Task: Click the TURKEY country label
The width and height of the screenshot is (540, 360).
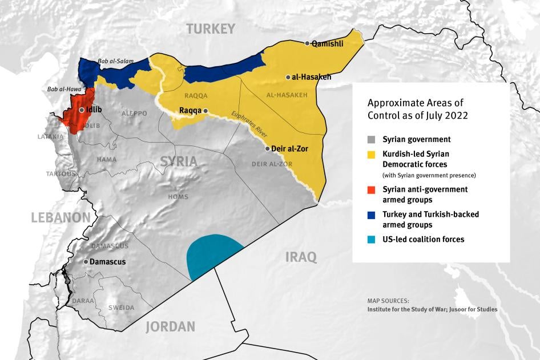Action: pyautogui.click(x=210, y=29)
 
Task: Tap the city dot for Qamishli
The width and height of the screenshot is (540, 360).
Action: pyautogui.click(x=308, y=43)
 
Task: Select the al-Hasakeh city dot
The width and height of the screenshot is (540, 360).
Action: pyautogui.click(x=288, y=77)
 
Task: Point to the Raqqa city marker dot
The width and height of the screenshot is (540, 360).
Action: pyautogui.click(x=206, y=111)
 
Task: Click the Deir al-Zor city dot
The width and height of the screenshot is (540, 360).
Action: pyautogui.click(x=267, y=148)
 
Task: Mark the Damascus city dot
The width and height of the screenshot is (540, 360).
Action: pyautogui.click(x=86, y=262)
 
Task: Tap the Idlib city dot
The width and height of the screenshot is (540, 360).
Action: pyautogui.click(x=82, y=110)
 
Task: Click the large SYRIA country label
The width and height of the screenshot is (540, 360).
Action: pyautogui.click(x=178, y=161)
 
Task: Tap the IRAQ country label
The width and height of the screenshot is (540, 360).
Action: pyautogui.click(x=301, y=257)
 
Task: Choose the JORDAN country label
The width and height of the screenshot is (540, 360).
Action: pyautogui.click(x=170, y=327)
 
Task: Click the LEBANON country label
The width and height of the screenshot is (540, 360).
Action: pyautogui.click(x=61, y=217)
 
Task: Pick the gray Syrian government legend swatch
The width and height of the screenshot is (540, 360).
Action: pyautogui.click(x=372, y=139)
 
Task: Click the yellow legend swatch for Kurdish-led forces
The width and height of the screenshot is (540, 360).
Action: pyautogui.click(x=372, y=154)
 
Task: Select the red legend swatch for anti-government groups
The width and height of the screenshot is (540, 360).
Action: pyautogui.click(x=372, y=189)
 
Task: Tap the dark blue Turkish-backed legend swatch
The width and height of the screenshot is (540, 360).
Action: pyautogui.click(x=372, y=215)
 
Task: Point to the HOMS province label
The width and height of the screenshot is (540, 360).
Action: pyautogui.click(x=178, y=197)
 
